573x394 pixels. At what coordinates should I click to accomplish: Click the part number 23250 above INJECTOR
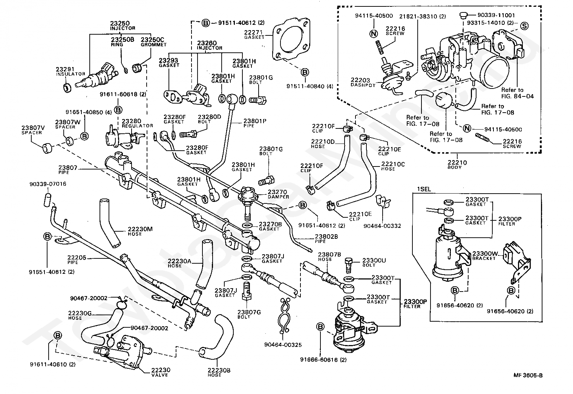(x=120, y=23)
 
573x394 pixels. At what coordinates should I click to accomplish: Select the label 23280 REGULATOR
(x=137, y=123)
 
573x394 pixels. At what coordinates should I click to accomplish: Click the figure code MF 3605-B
(x=528, y=375)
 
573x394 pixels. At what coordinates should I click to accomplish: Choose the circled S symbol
(x=524, y=26)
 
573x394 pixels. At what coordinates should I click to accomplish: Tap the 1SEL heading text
(x=424, y=189)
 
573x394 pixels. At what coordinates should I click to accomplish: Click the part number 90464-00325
(x=283, y=345)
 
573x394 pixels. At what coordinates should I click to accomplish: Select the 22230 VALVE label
(x=160, y=372)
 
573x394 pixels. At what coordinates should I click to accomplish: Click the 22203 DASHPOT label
(x=363, y=82)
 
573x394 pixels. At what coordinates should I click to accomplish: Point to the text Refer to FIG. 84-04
(x=517, y=93)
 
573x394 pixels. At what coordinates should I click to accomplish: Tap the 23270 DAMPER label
(x=278, y=194)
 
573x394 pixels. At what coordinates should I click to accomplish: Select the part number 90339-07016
(x=48, y=184)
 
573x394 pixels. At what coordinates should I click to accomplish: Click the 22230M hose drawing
(x=109, y=223)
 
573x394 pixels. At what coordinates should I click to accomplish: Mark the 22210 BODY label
(x=457, y=165)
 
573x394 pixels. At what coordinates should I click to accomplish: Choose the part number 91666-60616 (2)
(x=323, y=360)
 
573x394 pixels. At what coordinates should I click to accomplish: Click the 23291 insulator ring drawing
(x=67, y=88)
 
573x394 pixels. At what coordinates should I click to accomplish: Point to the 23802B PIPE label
(x=326, y=238)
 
